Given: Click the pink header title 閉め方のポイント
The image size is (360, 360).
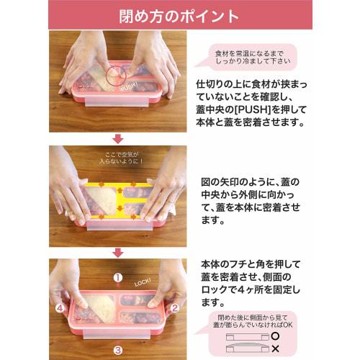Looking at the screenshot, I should (x=180, y=16).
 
